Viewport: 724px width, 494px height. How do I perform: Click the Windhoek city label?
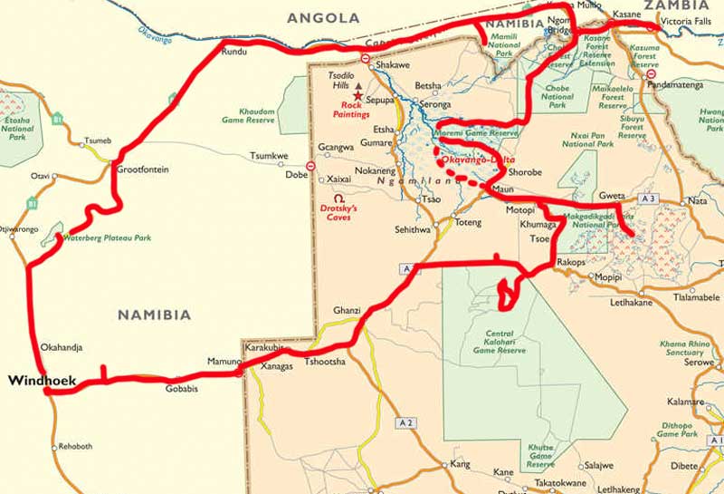42,382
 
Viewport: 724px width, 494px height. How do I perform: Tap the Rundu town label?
233,52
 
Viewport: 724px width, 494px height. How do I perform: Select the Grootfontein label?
143,170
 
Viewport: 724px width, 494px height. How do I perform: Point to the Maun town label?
503,190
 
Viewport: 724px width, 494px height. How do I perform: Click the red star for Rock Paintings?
358,95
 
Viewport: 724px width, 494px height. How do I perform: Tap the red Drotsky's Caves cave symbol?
338,197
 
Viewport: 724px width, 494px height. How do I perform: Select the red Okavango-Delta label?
470,160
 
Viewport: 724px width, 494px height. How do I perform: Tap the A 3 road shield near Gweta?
646,198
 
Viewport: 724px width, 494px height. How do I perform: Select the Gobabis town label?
181,389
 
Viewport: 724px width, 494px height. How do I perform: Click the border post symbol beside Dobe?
310,166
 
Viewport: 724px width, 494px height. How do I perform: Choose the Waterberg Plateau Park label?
106,238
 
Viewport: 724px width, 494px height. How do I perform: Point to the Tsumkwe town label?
269,156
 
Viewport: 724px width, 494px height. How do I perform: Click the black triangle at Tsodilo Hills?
357,84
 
